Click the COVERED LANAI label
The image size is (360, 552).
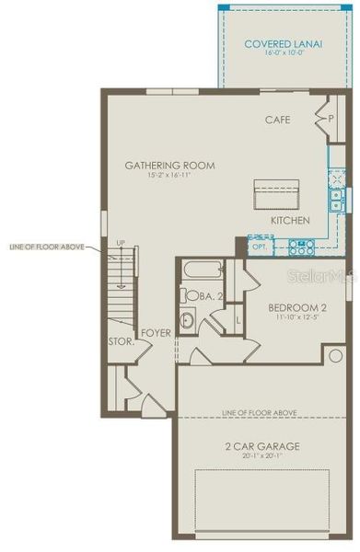tap(282, 43)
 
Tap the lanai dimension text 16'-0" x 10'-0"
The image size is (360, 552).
tap(282, 54)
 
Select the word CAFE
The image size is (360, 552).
tap(277, 120)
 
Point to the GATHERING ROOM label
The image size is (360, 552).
tap(169, 166)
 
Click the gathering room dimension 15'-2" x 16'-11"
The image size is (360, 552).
tap(169, 177)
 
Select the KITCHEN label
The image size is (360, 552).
tap(290, 221)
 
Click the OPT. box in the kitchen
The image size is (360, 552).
tap(261, 247)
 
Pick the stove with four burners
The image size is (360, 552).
tap(301, 247)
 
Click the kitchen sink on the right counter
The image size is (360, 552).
tap(337, 200)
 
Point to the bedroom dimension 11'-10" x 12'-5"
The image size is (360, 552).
tap(294, 317)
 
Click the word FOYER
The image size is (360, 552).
tap(156, 333)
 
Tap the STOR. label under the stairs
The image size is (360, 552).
tap(122, 342)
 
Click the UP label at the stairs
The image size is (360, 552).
tap(120, 244)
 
